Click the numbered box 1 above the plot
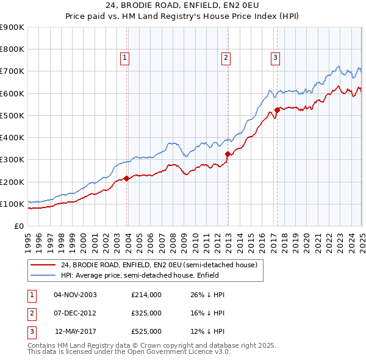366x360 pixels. [124, 58]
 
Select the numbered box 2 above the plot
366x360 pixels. [226, 58]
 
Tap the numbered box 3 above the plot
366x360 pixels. [275, 58]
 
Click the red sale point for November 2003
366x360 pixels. [127, 178]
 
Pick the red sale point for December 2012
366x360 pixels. [228, 154]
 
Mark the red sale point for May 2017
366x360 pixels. [277, 110]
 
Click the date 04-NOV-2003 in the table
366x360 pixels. [75, 295]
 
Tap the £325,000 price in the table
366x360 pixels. [146, 313]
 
